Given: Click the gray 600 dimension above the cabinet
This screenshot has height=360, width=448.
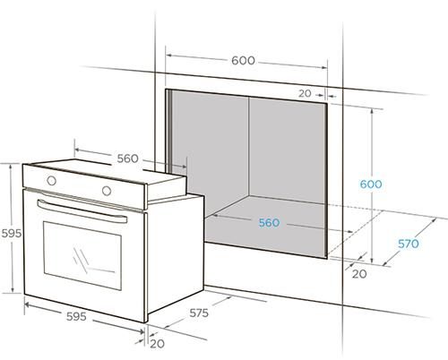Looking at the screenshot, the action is [243, 61].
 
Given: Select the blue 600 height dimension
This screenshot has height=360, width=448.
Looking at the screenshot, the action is [371, 184].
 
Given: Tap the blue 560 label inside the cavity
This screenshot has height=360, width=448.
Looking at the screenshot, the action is [269, 223].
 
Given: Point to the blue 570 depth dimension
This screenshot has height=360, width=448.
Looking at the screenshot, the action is [409, 244].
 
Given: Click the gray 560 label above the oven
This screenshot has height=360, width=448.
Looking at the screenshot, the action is [127, 159].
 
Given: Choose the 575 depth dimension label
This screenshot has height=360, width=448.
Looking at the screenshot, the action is [199, 313].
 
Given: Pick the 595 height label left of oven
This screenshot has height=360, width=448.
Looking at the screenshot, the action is [12, 233].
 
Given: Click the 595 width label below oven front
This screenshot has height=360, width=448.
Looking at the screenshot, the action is [76, 316].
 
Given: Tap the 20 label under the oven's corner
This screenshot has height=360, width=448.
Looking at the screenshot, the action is [157, 344].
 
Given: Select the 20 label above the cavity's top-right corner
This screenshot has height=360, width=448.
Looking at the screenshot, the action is [305, 93].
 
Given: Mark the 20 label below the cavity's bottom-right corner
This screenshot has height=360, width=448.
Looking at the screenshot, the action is [359, 274].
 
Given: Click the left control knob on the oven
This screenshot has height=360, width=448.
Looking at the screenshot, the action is [51, 180].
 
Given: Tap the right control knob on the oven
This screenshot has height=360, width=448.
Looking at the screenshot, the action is [107, 191].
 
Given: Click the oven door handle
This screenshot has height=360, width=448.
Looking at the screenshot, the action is [82, 211].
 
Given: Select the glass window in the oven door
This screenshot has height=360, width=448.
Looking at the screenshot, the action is [82, 255].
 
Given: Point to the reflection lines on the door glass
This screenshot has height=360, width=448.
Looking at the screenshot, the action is [90, 262].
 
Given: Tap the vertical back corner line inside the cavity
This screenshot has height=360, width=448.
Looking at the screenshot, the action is [248, 146].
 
